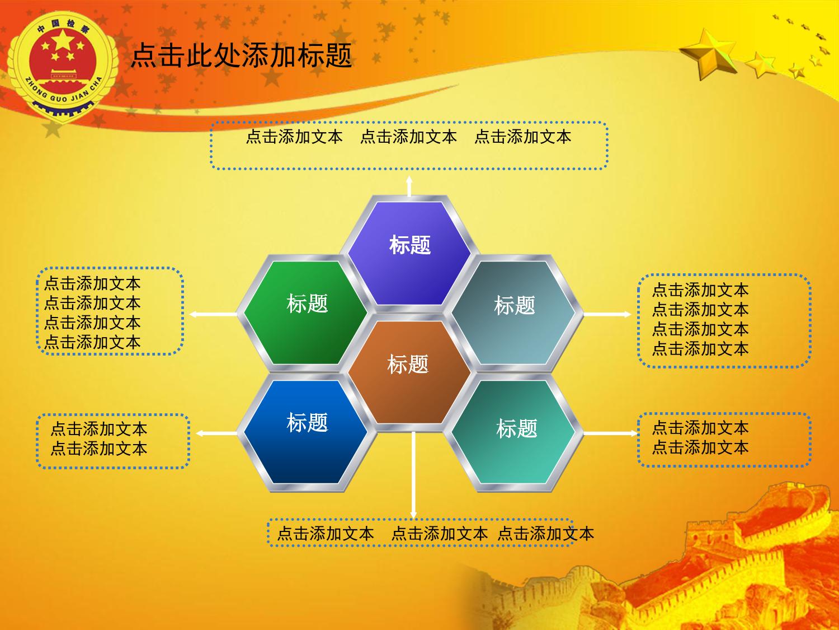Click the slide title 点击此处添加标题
tap(241, 55)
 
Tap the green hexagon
tap(306, 313)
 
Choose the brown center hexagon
tap(409, 372)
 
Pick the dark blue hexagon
tap(306, 432)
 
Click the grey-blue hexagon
tap(513, 313)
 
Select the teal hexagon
tap(513, 432)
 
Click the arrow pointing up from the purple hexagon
tap(409, 186)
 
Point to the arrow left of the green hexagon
tap(213, 314)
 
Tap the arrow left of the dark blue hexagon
tap(216, 433)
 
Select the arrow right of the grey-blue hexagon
tap(607, 314)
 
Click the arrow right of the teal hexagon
tap(611, 433)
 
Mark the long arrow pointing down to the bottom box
tap(413, 475)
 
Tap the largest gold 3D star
tap(708, 54)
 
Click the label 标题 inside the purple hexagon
tap(410, 245)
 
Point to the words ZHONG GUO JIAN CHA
tap(63, 92)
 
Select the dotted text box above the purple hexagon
tap(409, 146)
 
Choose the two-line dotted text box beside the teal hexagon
tap(724, 440)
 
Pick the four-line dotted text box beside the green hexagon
tap(110, 311)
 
